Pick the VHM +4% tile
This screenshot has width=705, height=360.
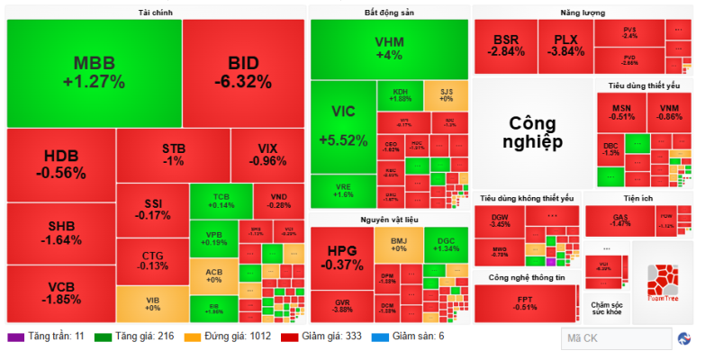[389, 49]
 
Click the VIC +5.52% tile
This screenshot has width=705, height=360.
[343, 126]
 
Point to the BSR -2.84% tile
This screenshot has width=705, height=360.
[505, 46]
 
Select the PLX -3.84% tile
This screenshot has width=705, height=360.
[565, 46]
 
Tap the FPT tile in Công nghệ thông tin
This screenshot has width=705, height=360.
[526, 303]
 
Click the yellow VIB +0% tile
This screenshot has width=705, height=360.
[151, 303]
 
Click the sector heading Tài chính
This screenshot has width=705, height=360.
[156, 13]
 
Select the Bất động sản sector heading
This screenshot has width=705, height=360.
[390, 13]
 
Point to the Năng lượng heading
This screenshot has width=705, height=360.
[582, 13]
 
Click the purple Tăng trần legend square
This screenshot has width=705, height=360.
[15, 337]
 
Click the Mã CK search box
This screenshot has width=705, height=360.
[613, 338]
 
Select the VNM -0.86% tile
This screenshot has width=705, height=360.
[668, 112]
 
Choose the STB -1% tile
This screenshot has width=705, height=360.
[173, 154]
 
